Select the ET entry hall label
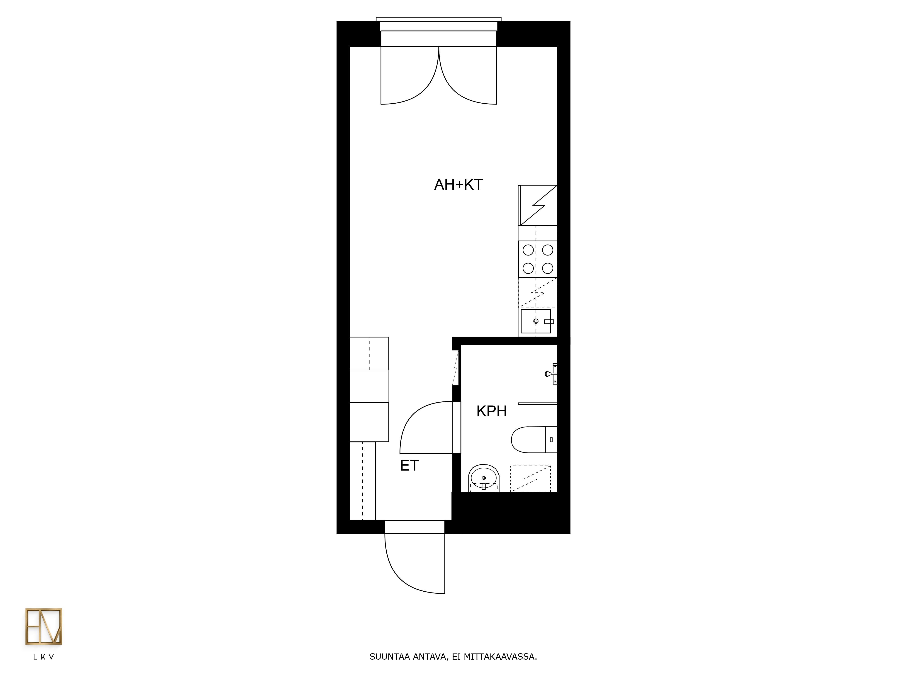point(409,466)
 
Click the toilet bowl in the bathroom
point(528,440)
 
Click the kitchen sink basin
point(536,321)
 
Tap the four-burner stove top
point(538,259)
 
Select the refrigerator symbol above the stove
point(538,205)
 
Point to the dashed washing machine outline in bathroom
point(531,479)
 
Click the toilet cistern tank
point(551,440)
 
